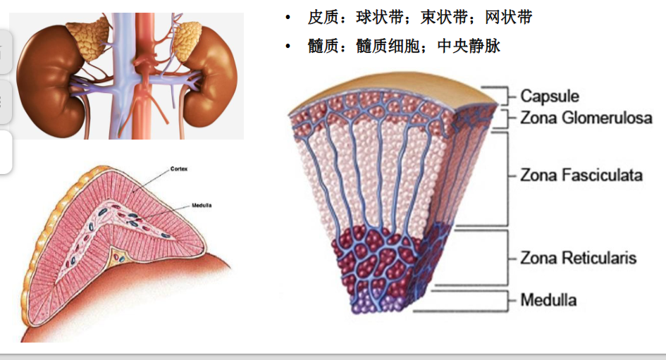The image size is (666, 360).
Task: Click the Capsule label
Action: (550, 97)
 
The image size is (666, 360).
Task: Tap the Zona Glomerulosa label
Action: (586, 118)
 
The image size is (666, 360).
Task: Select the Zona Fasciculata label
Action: (581, 175)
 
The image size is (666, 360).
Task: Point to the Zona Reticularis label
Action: (579, 258)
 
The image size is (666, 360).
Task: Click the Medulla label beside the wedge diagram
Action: (548, 300)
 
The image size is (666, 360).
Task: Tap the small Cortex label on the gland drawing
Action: (179, 169)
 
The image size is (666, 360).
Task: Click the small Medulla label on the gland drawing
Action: (202, 206)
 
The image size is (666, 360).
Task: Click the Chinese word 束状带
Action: (444, 18)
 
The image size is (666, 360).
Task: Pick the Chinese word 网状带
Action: (509, 18)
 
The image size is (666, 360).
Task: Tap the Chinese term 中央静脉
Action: (469, 46)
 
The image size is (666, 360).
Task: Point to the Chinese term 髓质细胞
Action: (388, 46)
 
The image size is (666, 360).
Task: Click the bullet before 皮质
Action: (288, 18)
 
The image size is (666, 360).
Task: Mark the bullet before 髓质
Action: (288, 46)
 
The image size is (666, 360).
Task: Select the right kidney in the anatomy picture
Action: (209, 76)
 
